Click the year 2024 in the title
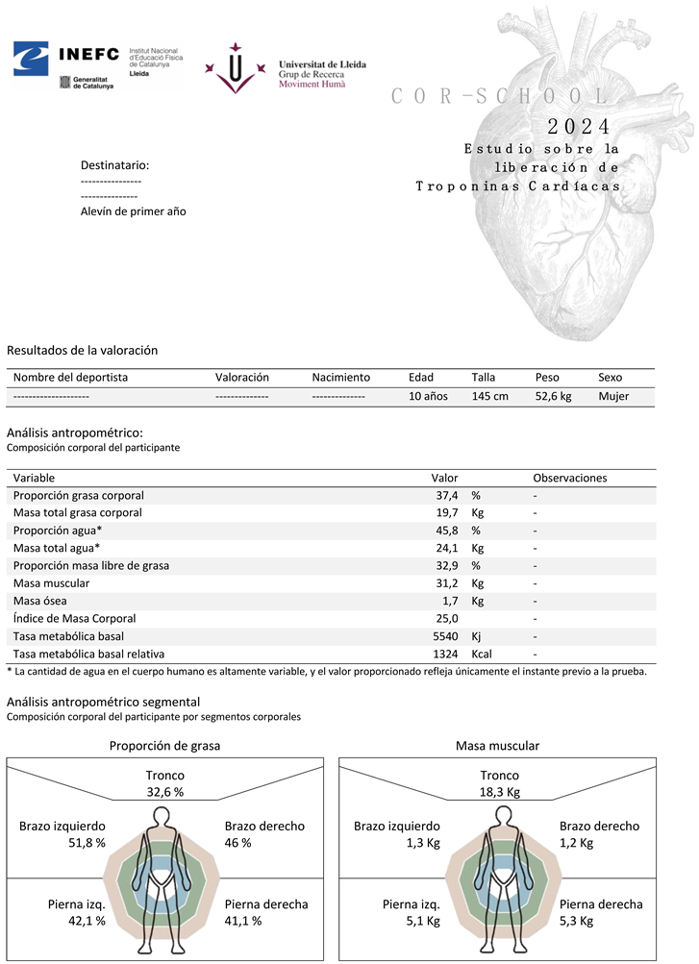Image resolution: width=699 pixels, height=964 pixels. [578, 127]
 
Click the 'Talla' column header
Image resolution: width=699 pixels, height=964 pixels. [484, 378]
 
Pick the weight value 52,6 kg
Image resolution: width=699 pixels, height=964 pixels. [553, 396]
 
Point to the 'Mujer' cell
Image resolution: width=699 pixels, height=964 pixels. [613, 396]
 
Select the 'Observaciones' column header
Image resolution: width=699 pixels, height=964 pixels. [570, 478]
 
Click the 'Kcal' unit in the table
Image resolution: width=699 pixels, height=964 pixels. [484, 654]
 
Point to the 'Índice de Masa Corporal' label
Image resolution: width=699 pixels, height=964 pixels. [75, 619]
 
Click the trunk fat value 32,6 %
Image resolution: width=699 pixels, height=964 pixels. [165, 793]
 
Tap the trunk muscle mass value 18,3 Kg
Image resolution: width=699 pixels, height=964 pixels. [500, 793]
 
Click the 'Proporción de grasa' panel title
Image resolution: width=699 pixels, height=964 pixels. [164, 745]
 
